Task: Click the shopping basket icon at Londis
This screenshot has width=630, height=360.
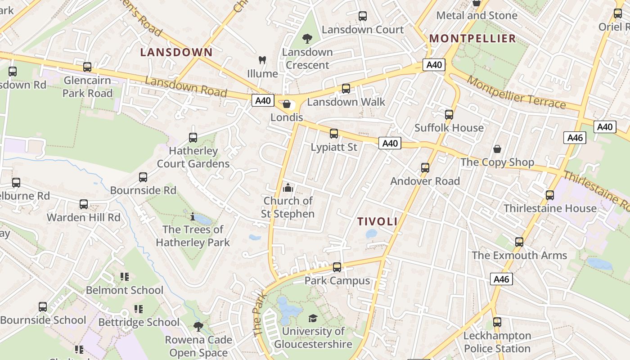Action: coord(287,104)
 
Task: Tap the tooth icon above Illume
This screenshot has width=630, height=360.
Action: coord(262,60)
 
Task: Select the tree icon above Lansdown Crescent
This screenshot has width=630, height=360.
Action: coord(307,39)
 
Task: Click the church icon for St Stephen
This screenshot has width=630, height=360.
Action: coord(288,188)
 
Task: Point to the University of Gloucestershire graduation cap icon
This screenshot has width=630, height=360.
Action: coord(313,319)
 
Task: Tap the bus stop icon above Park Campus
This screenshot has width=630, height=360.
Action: coord(337,267)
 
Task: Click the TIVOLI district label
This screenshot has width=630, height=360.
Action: coord(378,221)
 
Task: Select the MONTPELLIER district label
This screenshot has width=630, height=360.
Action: coord(472,39)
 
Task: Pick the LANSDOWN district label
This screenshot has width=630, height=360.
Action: coord(176,52)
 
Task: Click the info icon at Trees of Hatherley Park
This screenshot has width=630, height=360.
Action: coord(193,217)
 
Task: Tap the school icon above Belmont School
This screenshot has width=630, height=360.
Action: coord(125,277)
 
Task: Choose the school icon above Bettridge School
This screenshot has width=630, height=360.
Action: coord(139,309)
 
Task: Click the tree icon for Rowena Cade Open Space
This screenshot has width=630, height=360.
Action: coord(198,327)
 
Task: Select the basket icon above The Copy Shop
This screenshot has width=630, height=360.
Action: coord(497,149)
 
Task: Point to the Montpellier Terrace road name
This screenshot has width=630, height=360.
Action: coord(516,92)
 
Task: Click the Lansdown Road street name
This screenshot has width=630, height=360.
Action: coord(186,87)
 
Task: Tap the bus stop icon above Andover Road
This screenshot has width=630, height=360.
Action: coord(425,168)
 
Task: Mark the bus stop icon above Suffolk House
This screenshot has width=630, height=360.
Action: coord(449,115)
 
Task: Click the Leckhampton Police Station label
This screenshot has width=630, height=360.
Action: coord(497,342)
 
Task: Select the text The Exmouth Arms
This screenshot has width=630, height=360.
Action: coord(519,256)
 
